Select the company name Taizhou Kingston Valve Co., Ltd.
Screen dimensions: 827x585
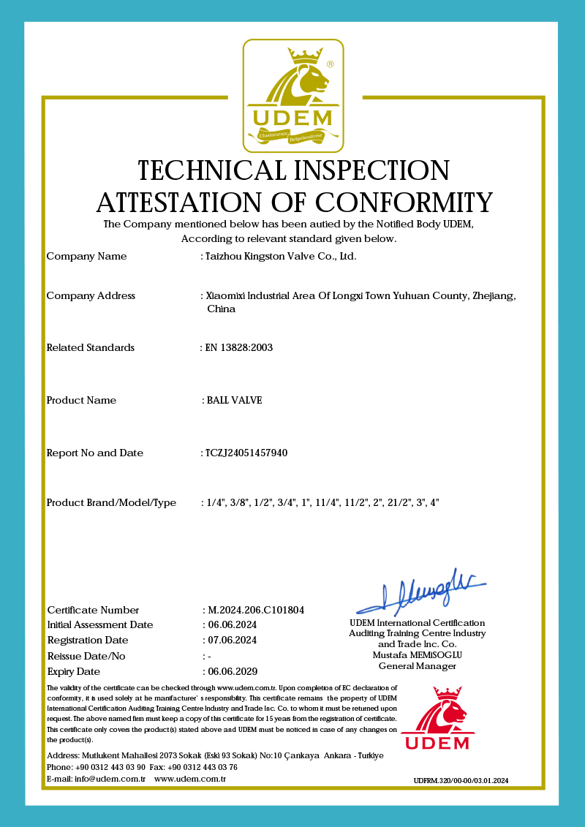[281, 257]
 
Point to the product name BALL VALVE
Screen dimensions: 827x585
[234, 401]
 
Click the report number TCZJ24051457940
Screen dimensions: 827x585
[247, 453]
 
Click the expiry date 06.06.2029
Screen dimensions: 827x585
[233, 671]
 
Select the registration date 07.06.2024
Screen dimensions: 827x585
[233, 641]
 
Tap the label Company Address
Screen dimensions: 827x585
[91, 296]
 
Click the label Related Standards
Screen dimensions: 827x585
[90, 348]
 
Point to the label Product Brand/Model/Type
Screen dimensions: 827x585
[111, 503]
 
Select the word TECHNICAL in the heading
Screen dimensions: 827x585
[211, 170]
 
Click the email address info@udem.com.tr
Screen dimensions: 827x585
[110, 779]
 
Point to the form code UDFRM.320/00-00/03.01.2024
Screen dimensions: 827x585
[461, 781]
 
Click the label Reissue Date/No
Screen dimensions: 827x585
[86, 656]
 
